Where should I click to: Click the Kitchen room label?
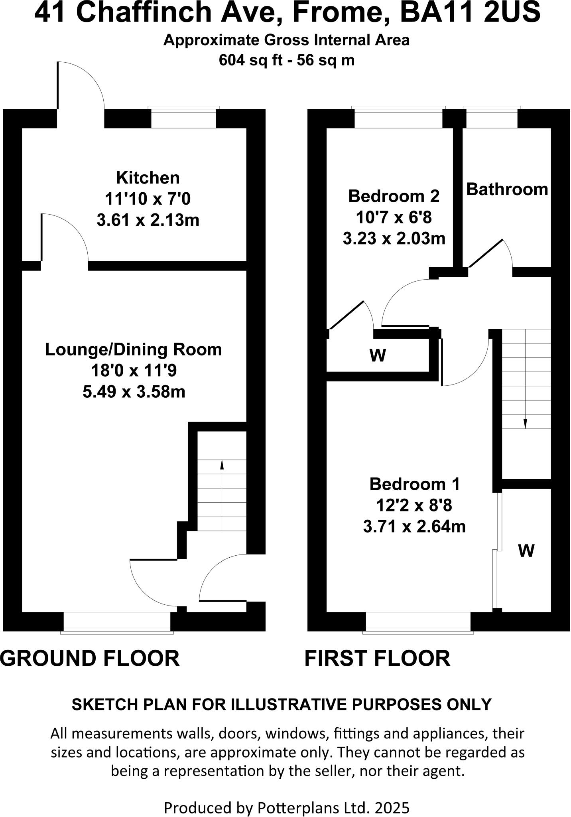(148, 178)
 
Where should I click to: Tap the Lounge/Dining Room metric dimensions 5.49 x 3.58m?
(134, 392)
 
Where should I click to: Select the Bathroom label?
(507, 189)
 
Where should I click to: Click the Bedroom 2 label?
(394, 196)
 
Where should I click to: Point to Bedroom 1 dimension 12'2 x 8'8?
(414, 505)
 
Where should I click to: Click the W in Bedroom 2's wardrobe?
(378, 355)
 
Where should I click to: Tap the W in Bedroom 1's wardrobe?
(526, 551)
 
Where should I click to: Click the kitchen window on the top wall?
(183, 118)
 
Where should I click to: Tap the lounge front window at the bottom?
(117, 621)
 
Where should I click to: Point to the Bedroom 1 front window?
(418, 621)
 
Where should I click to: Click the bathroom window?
(491, 118)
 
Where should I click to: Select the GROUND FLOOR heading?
(90, 658)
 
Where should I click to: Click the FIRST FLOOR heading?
(377, 658)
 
